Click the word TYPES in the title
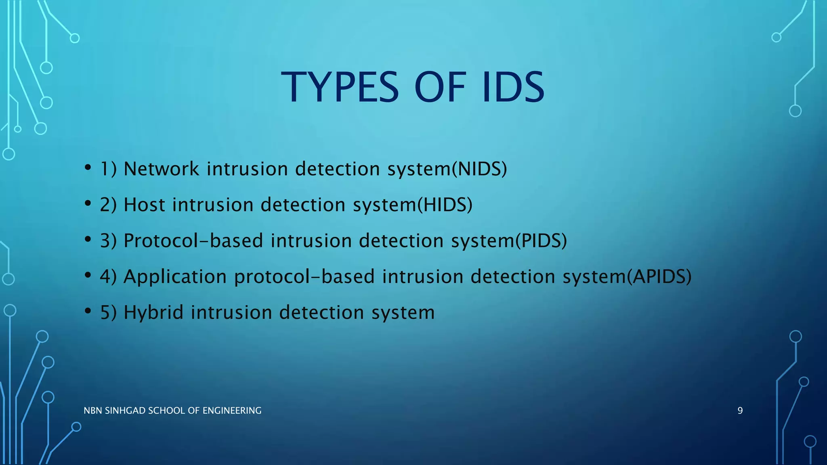click(x=340, y=88)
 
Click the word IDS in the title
click(x=513, y=88)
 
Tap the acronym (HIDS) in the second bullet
click(x=445, y=205)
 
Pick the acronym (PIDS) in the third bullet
click(x=541, y=241)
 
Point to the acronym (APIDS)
click(x=659, y=276)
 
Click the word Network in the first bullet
click(x=161, y=169)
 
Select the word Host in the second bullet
click(x=144, y=205)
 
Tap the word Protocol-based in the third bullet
click(x=193, y=241)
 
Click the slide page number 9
click(x=740, y=411)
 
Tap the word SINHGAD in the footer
click(x=125, y=411)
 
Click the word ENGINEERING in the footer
click(x=232, y=411)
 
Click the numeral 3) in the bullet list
click(x=108, y=241)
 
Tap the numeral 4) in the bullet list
click(x=108, y=276)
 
